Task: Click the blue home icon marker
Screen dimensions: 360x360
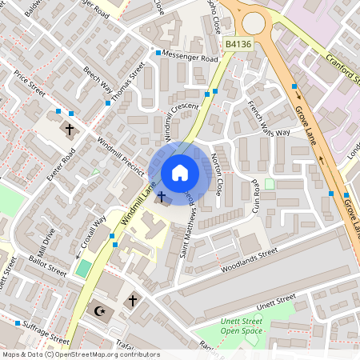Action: tap(180, 172)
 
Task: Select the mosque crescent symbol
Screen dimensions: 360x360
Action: tap(100, 310)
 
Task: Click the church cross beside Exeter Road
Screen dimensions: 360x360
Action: tap(69, 128)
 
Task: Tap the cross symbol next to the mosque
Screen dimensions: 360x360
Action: tap(133, 300)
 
